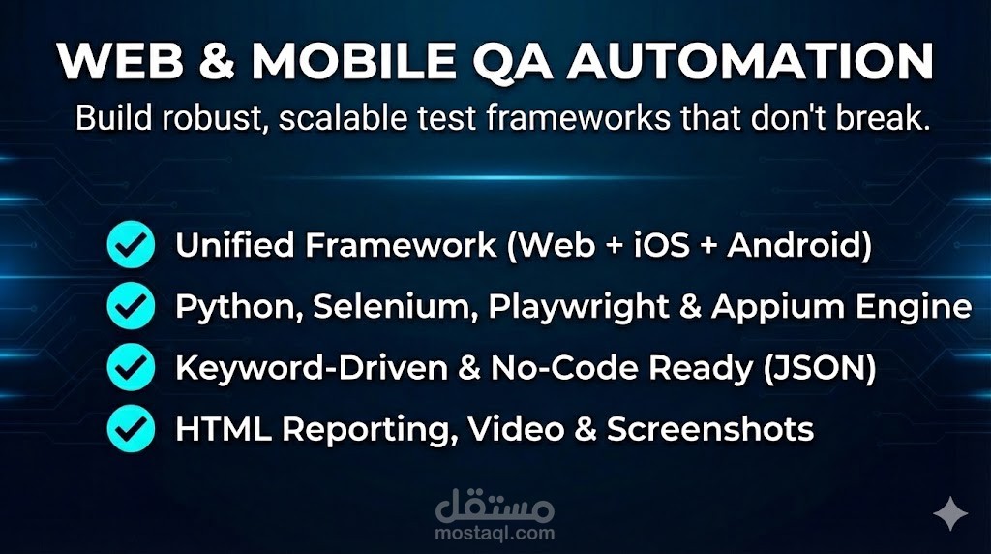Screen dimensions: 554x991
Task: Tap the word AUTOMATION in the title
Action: (751, 62)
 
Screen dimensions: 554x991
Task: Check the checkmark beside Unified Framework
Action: (130, 246)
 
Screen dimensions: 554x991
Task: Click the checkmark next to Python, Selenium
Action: (130, 307)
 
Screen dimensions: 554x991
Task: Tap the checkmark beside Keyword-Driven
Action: (130, 369)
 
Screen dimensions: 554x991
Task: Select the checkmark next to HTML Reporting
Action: (130, 430)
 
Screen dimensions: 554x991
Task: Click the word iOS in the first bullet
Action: (661, 246)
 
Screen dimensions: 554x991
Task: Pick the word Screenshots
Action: (709, 430)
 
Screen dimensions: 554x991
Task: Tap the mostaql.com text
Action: (495, 533)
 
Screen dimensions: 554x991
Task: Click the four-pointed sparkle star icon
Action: (949, 513)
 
